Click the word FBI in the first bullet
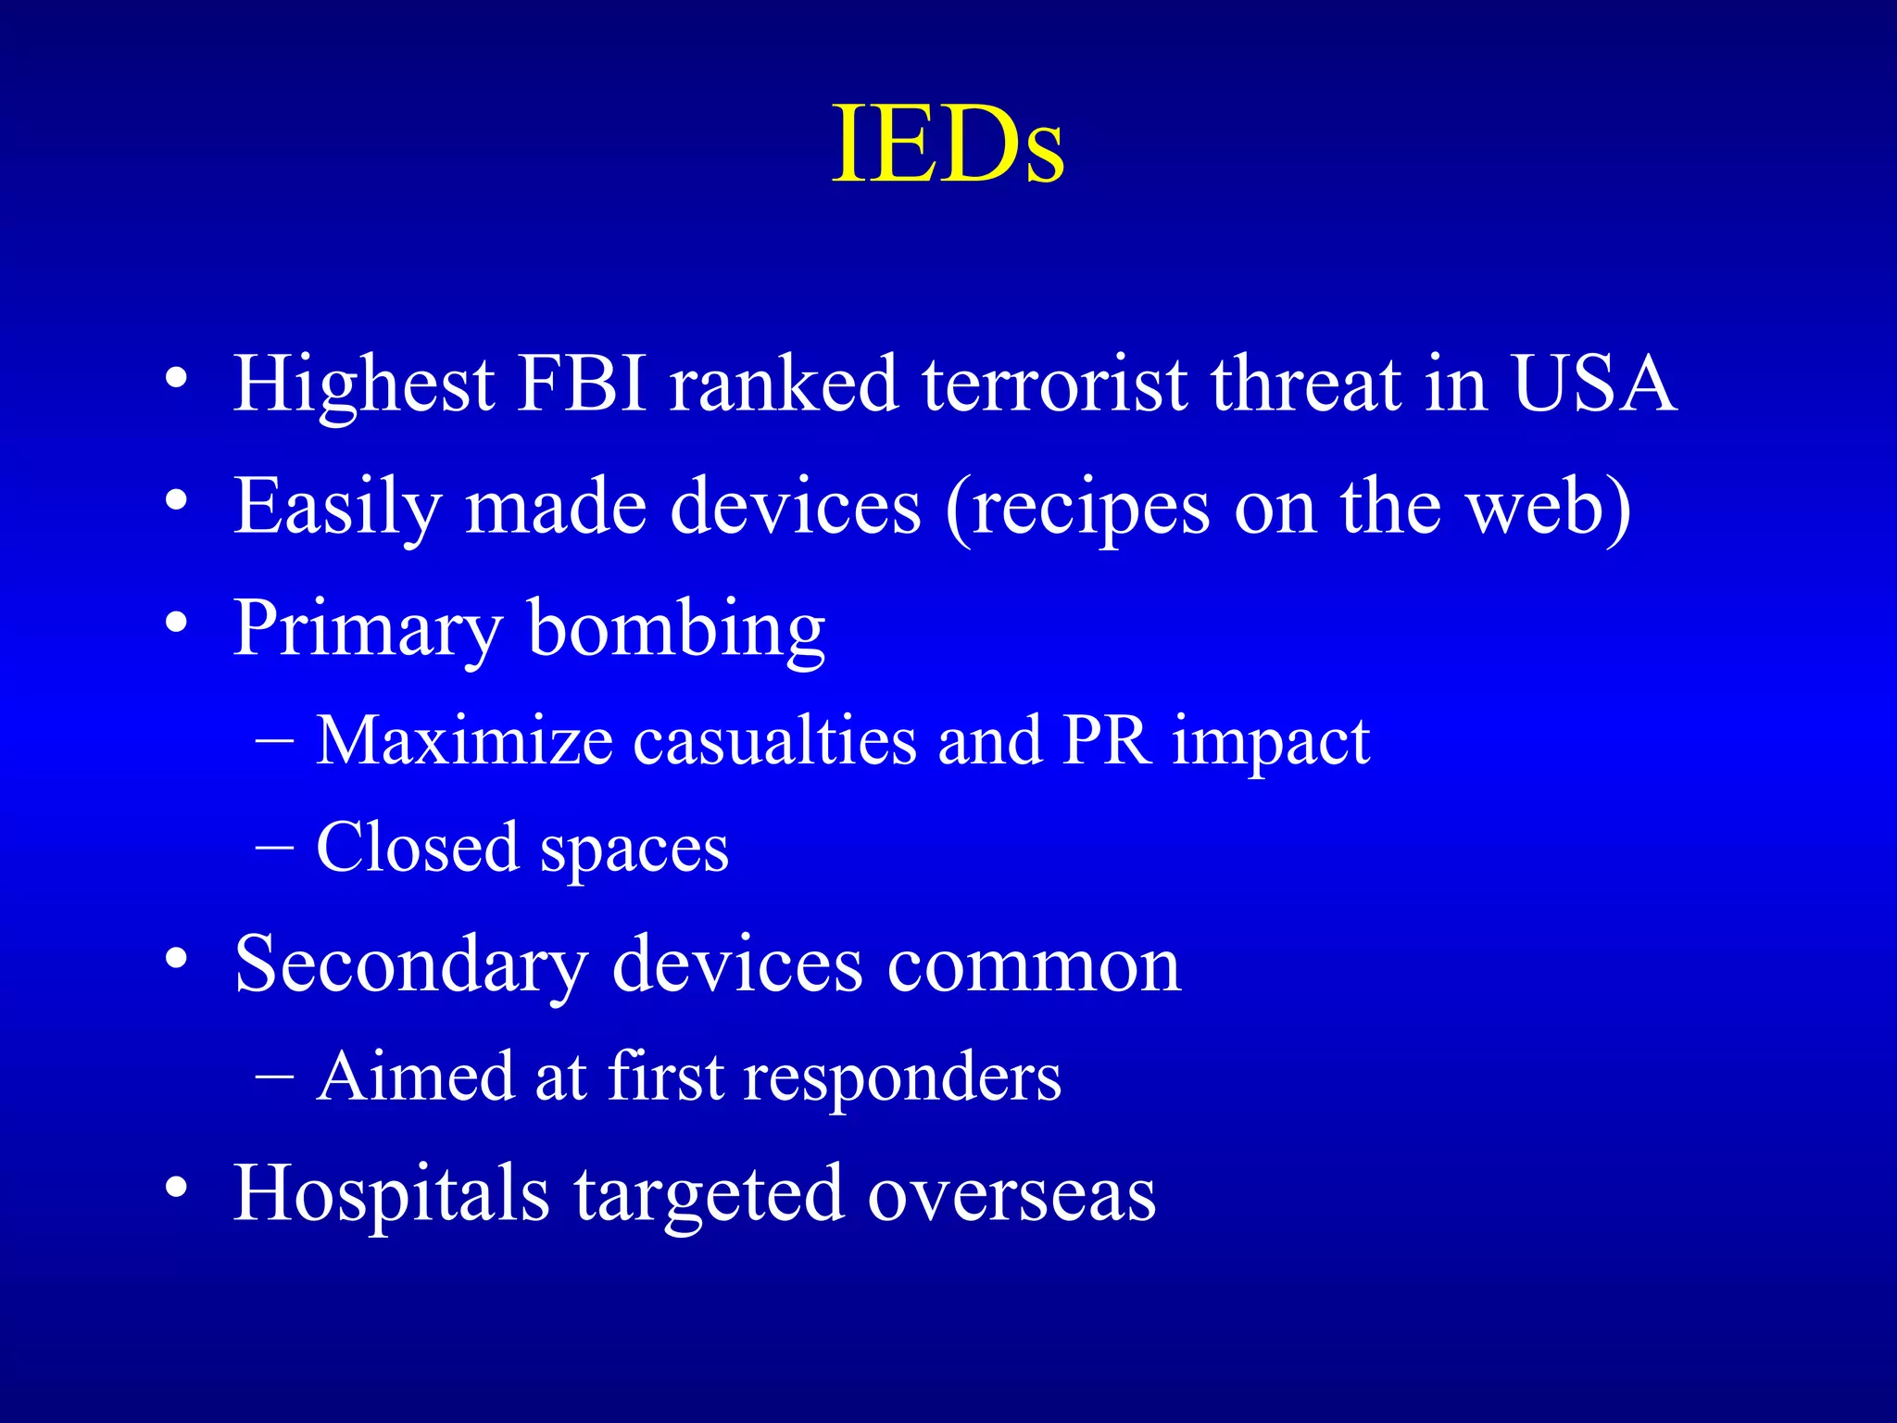(582, 384)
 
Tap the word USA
(1593, 384)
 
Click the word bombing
(676, 630)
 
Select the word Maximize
(464, 741)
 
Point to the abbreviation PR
(1108, 741)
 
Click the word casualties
(774, 741)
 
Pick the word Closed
(417, 848)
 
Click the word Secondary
(411, 966)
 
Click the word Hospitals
(391, 1195)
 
